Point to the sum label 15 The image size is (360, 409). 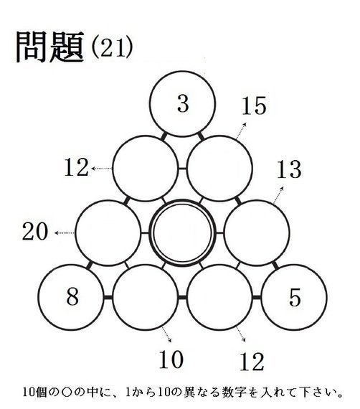[x=254, y=105]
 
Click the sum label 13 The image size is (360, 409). [x=289, y=169]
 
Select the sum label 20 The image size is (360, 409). [x=35, y=231]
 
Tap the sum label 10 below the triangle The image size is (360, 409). [x=171, y=359]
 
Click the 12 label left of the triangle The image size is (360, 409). [x=77, y=167]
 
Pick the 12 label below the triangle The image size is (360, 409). [x=252, y=362]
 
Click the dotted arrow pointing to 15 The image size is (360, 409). [x=241, y=131]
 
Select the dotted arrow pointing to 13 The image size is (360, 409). [x=278, y=195]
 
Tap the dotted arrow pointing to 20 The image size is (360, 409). [x=65, y=232]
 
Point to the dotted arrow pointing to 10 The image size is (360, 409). [x=166, y=334]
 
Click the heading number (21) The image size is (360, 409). [x=113, y=48]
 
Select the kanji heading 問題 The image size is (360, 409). [x=50, y=47]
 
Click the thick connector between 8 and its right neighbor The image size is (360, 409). [x=108, y=297]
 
